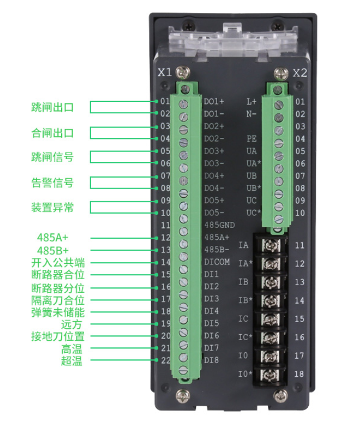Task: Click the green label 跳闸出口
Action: (x=52, y=107)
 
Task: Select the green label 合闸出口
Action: (x=52, y=133)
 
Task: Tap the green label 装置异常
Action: (x=52, y=207)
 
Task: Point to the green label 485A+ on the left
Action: (x=52, y=237)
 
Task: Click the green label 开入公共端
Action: (x=58, y=262)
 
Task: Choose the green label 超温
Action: (x=71, y=360)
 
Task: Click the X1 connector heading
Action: (x=165, y=73)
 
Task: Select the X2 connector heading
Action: (x=299, y=73)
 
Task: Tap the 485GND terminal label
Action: (x=219, y=225)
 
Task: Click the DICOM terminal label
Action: (x=217, y=262)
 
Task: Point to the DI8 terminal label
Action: (x=211, y=360)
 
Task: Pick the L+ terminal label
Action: (x=251, y=101)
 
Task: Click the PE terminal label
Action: (x=251, y=139)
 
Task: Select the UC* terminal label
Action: (x=254, y=213)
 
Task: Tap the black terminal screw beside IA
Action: (x=271, y=245)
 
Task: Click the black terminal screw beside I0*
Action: (x=271, y=375)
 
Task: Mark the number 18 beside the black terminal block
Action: (x=299, y=374)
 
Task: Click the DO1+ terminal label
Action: (x=214, y=101)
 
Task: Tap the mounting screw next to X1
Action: (x=183, y=72)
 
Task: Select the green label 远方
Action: (x=71, y=324)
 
